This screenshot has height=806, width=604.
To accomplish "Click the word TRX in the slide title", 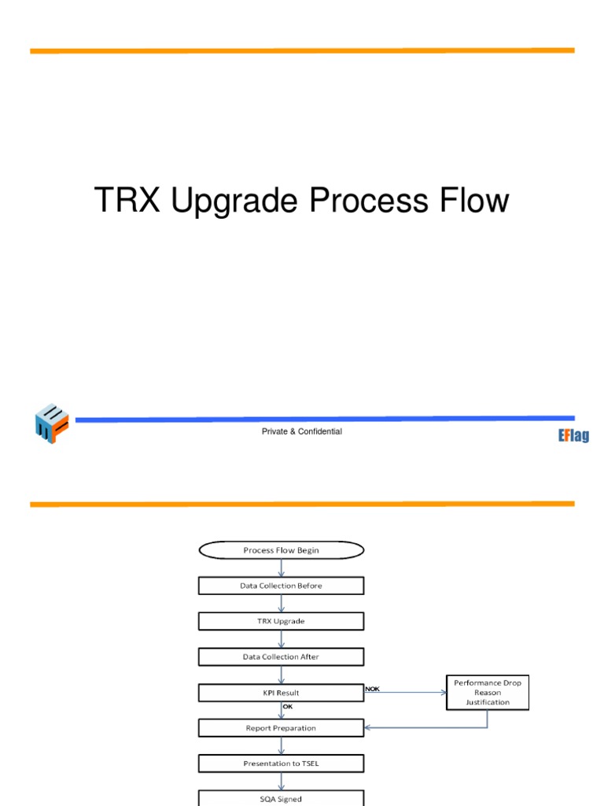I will coord(127,201).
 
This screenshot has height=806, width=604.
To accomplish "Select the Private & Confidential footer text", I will coord(302,431).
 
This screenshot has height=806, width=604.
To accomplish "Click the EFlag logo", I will coord(573,435).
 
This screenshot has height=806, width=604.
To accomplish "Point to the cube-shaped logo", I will coord(52,424).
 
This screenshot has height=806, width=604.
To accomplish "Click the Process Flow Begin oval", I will coord(281,550).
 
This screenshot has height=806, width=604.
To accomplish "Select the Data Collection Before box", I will coord(281,586).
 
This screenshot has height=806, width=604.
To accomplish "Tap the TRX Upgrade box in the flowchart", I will coord(281,621).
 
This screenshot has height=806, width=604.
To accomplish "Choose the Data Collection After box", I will coord(281,656).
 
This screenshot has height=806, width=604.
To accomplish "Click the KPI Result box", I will coord(281,693).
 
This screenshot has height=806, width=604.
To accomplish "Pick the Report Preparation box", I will coord(281,728).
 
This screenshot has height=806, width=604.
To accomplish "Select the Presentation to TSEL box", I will coord(281,763).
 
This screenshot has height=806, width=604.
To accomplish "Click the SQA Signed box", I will coord(281,798).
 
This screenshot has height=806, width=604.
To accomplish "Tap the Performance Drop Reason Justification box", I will coord(488,693).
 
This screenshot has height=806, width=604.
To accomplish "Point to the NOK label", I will coord(373,689).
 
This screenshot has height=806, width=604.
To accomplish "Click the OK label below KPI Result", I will coord(287,707).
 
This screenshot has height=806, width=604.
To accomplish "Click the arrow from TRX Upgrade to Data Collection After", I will coord(281,639).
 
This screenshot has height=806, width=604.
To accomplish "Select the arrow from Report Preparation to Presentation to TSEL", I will coord(281,745).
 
